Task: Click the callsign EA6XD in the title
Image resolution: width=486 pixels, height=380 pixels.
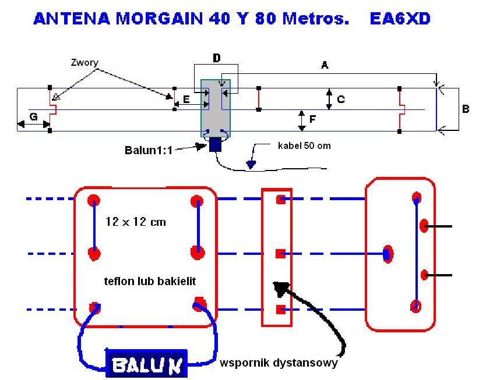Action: click(400, 19)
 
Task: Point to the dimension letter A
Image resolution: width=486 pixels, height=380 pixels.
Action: click(325, 66)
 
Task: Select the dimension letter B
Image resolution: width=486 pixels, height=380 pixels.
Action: click(466, 108)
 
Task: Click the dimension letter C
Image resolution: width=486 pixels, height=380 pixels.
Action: click(341, 100)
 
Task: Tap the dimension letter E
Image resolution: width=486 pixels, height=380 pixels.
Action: click(186, 100)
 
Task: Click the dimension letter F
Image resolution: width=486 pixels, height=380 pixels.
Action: click(313, 119)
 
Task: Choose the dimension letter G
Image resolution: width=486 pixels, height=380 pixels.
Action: click(33, 117)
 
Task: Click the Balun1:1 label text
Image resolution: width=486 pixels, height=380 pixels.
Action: click(149, 149)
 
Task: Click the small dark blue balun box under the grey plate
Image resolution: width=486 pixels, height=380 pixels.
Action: click(216, 144)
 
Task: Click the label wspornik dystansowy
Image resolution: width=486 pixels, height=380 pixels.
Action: click(279, 364)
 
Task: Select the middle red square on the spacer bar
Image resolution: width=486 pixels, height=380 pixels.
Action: click(280, 253)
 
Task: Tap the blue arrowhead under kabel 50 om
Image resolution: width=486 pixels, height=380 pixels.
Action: click(251, 164)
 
